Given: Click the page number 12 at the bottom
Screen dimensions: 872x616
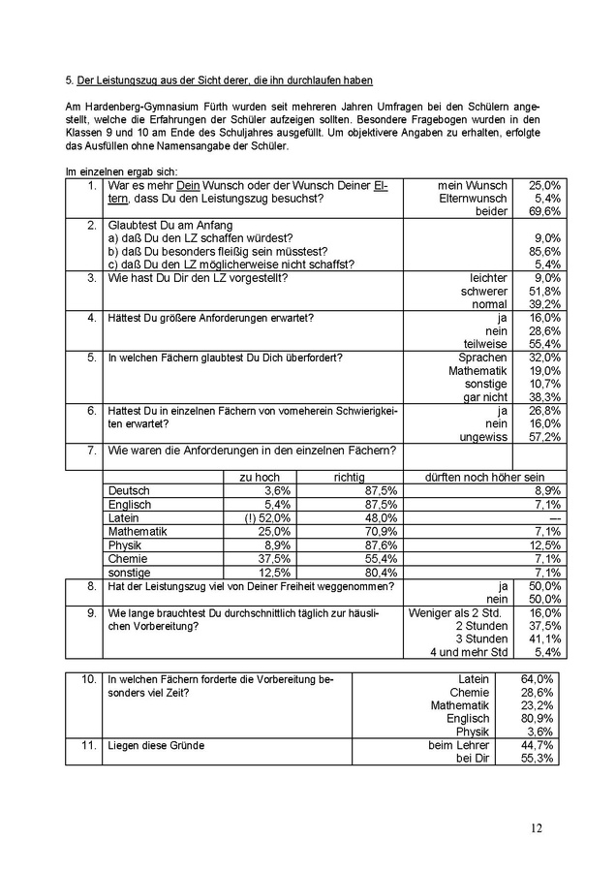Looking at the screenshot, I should (537, 827).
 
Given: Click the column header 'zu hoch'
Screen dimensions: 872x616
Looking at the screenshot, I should (259, 478).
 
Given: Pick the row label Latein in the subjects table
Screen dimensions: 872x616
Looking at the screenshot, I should (125, 518).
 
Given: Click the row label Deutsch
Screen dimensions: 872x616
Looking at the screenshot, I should (129, 491).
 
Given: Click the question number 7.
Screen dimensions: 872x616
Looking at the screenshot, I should (90, 451).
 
